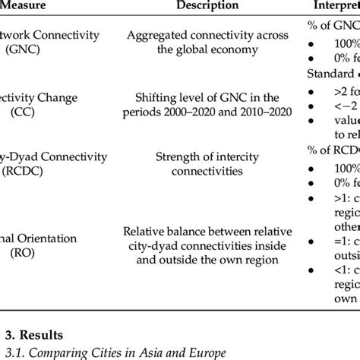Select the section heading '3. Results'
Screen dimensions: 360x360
click(36, 333)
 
